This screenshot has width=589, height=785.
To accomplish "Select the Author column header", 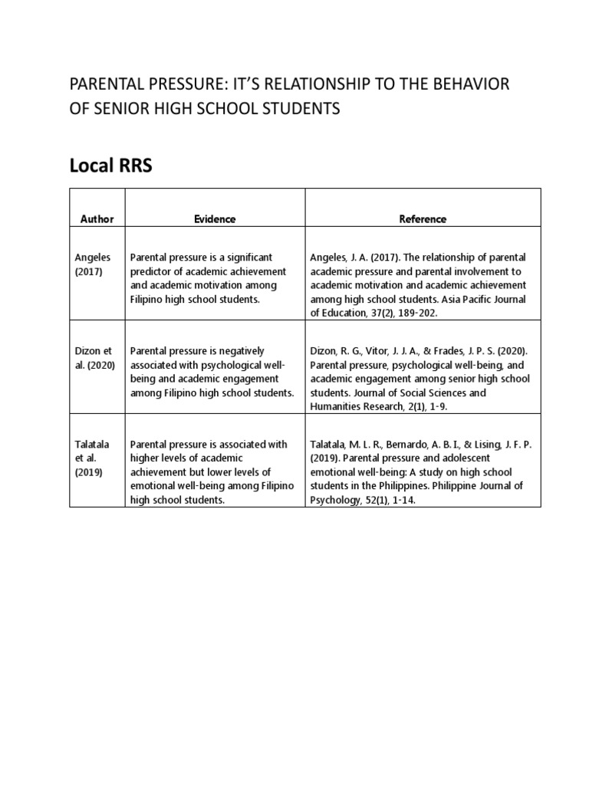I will (x=97, y=218).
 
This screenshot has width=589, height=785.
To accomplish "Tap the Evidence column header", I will (x=215, y=218).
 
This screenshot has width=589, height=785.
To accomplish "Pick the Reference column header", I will (x=423, y=218).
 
